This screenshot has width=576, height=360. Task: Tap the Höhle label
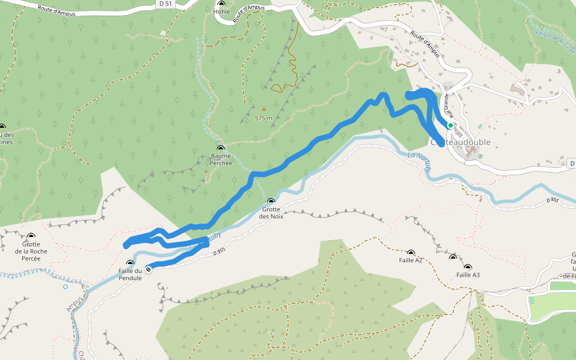pyautogui.click(x=221, y=11)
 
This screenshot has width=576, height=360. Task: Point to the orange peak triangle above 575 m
pyautogui.click(x=263, y=109)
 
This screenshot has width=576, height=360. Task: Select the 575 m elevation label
pyautogui.click(x=263, y=118)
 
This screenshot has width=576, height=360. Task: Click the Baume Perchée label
pyautogui.click(x=221, y=159)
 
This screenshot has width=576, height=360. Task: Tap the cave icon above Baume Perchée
pyautogui.click(x=221, y=148)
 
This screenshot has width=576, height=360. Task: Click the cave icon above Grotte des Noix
pyautogui.click(x=271, y=201)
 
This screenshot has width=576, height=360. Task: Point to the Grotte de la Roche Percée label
pyautogui.click(x=31, y=251)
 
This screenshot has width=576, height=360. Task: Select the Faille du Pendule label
pyautogui.click(x=130, y=274)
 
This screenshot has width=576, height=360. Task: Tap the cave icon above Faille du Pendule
pyautogui.click(x=130, y=263)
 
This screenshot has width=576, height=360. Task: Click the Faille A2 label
pyautogui.click(x=411, y=260)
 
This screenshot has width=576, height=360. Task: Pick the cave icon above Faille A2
pyautogui.click(x=411, y=253)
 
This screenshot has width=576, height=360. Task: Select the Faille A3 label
pyautogui.click(x=468, y=275)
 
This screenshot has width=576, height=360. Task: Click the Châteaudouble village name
pyautogui.click(x=461, y=142)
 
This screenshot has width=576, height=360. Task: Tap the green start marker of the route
pyautogui.click(x=450, y=125)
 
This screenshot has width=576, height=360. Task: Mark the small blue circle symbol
pyautogui.click(x=65, y=286)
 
